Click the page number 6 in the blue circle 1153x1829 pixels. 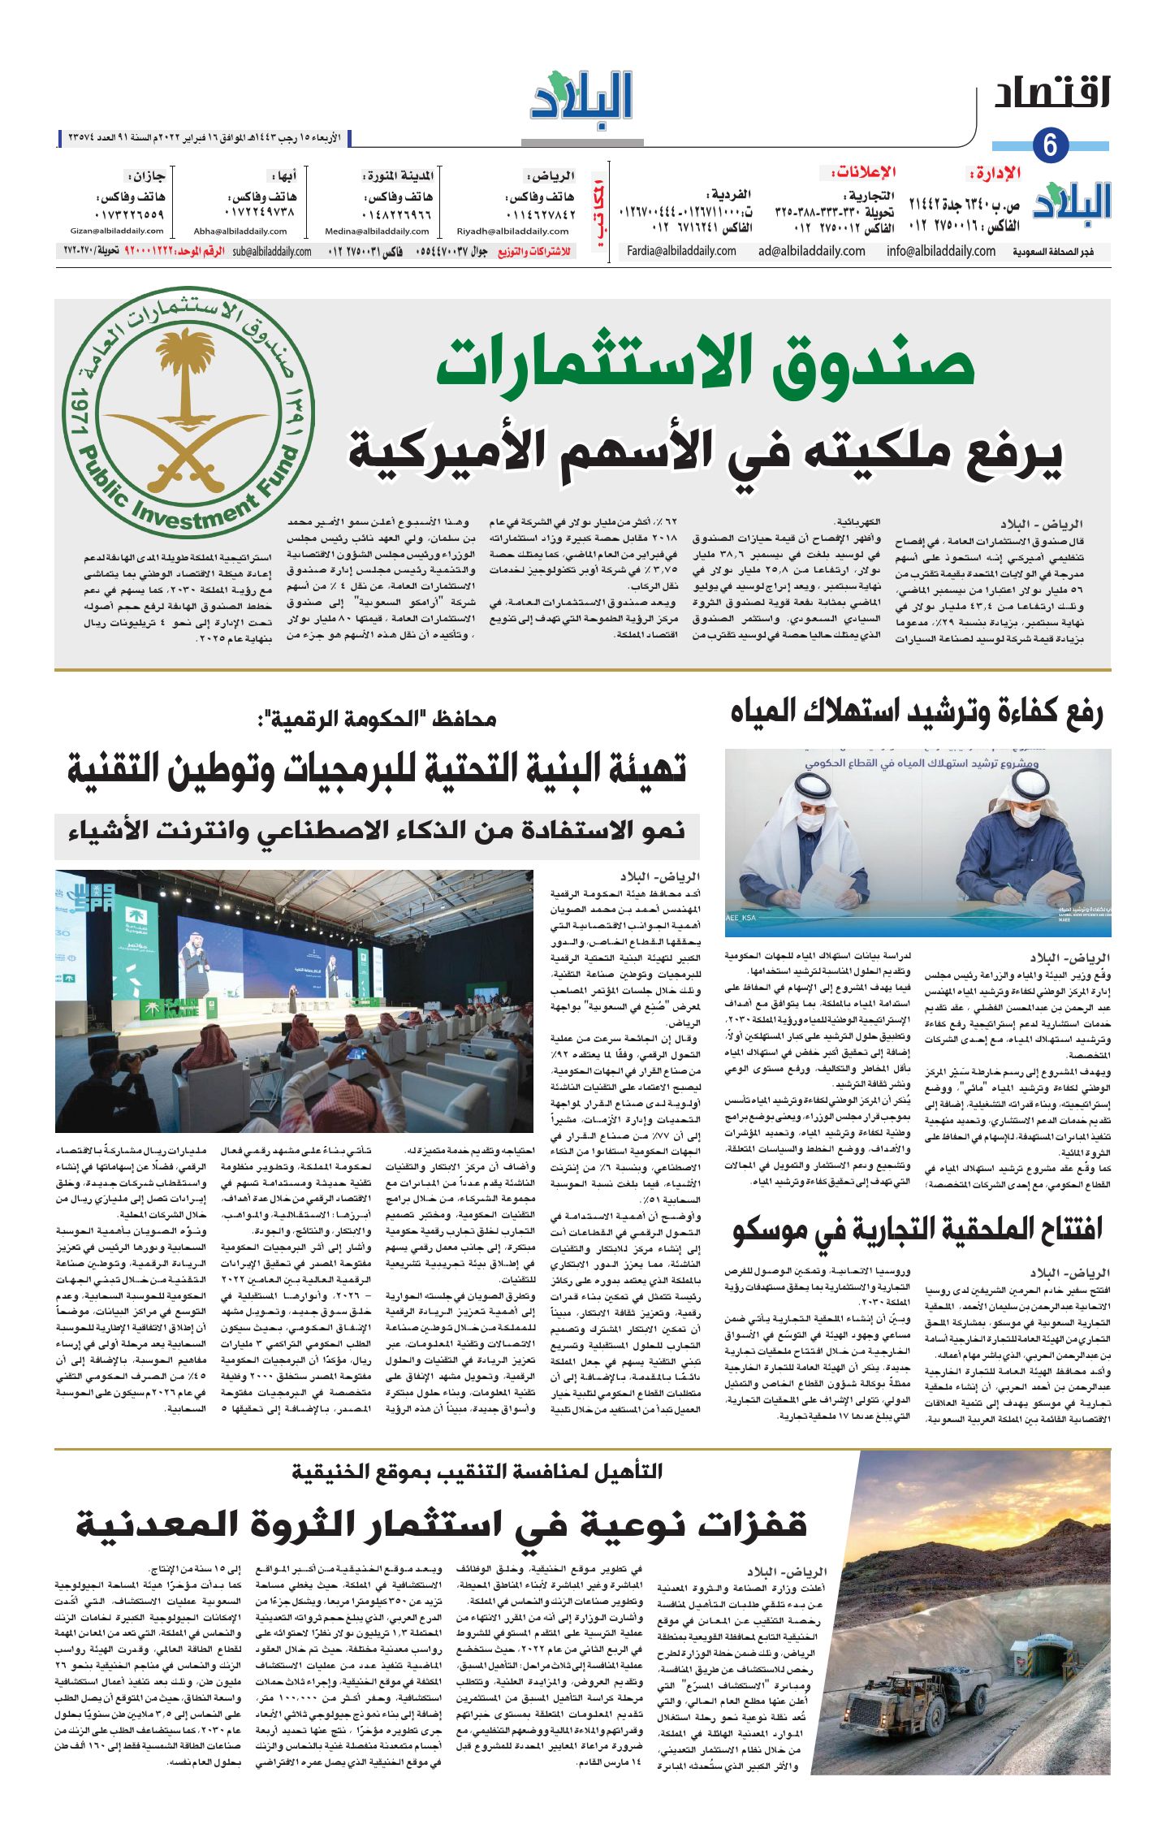point(1050,146)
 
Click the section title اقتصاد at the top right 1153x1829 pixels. point(1052,93)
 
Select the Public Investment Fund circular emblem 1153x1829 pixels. point(188,412)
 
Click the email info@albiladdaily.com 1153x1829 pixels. point(940,252)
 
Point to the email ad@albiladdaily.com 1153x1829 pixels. point(811,252)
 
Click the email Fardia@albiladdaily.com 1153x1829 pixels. point(681,252)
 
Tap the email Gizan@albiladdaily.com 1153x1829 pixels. point(117,231)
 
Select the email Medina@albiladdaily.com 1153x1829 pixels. point(377,231)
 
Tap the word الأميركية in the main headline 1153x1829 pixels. point(453,453)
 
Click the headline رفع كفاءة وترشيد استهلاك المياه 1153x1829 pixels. point(916,712)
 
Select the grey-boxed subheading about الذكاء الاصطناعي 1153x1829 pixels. point(377,831)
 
